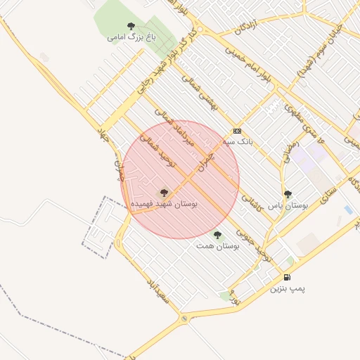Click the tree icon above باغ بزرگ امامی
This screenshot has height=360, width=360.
(x=131, y=26)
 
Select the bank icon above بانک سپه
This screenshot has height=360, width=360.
(x=237, y=131)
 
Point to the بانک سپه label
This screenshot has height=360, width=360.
(x=237, y=141)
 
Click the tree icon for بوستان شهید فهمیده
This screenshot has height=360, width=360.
(x=164, y=193)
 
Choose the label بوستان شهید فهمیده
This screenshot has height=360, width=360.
(x=165, y=203)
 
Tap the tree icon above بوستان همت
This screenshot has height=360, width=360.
(x=217, y=236)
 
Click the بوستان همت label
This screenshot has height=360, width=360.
(x=217, y=246)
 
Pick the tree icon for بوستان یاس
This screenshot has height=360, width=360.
(x=288, y=195)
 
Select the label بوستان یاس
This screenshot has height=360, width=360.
(x=288, y=205)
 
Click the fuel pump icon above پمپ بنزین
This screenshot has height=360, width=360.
(x=288, y=278)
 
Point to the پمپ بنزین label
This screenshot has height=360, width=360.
(x=289, y=288)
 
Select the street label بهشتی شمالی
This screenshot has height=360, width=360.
(x=200, y=94)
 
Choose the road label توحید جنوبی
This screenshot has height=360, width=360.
(x=254, y=241)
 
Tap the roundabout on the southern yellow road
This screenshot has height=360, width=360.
(x=184, y=320)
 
